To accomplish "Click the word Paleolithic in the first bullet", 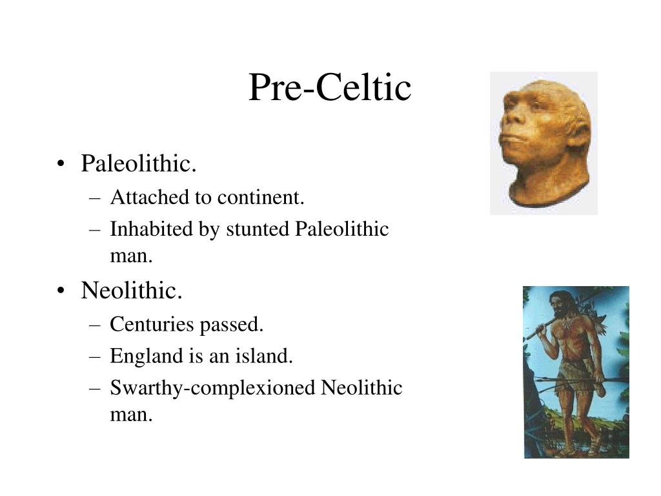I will point(138,164).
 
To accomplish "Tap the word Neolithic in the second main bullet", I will point(132,291).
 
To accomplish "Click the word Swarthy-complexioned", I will point(213,388).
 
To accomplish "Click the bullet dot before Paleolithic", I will point(61,165).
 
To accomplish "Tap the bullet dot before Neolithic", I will point(61,292).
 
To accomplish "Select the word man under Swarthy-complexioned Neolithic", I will point(131,414).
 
